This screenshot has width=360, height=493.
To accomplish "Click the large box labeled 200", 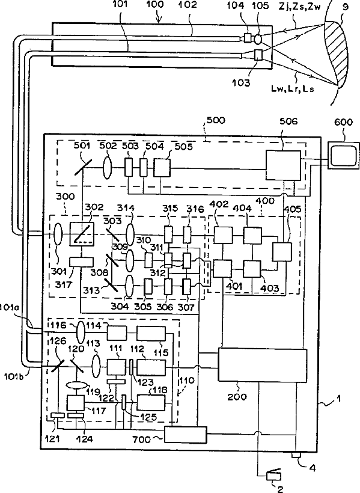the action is (263, 365).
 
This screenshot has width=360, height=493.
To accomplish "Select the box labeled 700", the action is (186, 435).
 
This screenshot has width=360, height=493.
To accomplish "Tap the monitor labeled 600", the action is (343, 155).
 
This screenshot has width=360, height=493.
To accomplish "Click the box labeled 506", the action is (283, 165).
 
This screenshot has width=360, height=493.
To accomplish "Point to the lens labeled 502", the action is (108, 165).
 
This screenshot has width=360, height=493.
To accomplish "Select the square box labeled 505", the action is (162, 167).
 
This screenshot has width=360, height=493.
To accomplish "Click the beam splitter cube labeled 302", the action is (82, 234).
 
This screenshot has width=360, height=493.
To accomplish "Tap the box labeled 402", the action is (223, 235).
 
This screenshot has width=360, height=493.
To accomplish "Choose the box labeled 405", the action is (282, 252).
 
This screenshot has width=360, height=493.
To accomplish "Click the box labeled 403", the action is (252, 269).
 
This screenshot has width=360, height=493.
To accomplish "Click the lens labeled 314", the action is (130, 234).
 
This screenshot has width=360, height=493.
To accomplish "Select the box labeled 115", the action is (151, 334).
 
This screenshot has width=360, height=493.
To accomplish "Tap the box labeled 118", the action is (151, 402).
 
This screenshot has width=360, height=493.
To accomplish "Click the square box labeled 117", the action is (76, 403).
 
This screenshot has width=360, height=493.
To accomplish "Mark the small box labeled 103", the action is (258, 55).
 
